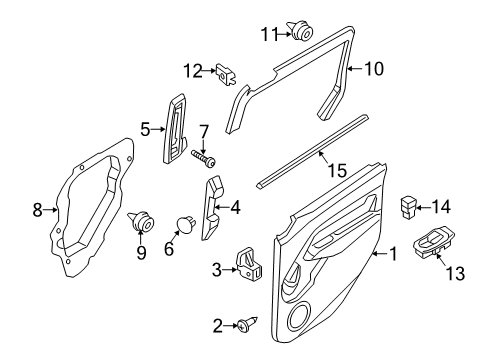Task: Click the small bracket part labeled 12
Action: [225, 71]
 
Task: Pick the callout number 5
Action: [145, 129]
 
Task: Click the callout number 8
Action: [38, 210]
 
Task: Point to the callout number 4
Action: [235, 209]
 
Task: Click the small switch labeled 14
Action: [409, 207]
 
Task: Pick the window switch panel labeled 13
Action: [439, 245]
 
